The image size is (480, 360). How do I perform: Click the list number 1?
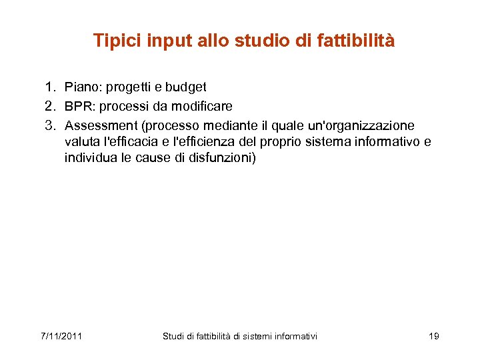(x=49, y=87)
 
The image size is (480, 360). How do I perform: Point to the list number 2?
(x=49, y=106)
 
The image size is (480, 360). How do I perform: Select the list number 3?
(x=49, y=125)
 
